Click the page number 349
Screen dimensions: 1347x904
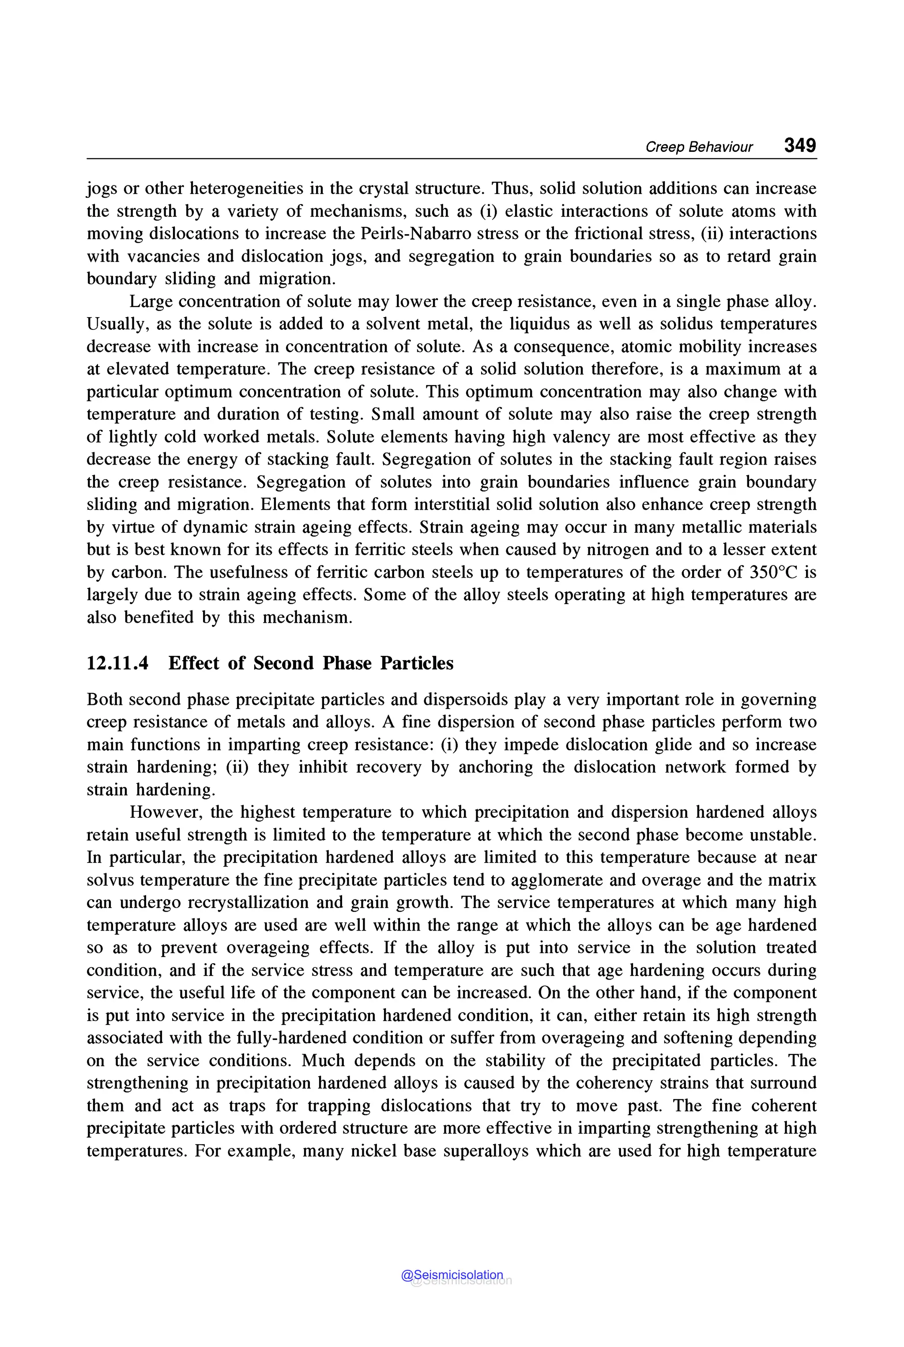point(800,145)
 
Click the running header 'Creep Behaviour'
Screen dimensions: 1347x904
point(699,147)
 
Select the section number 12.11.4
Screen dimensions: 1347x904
point(117,663)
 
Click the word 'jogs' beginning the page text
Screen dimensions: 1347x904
point(102,189)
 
